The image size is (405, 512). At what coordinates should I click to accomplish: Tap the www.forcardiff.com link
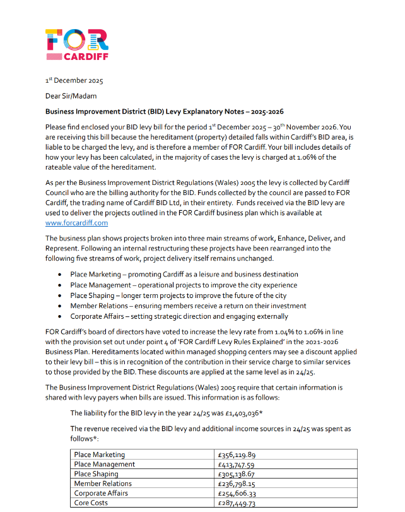[x=77, y=222]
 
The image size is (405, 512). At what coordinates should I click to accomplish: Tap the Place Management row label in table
[x=104, y=464]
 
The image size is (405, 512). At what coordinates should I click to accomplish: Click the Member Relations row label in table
[x=103, y=484]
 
